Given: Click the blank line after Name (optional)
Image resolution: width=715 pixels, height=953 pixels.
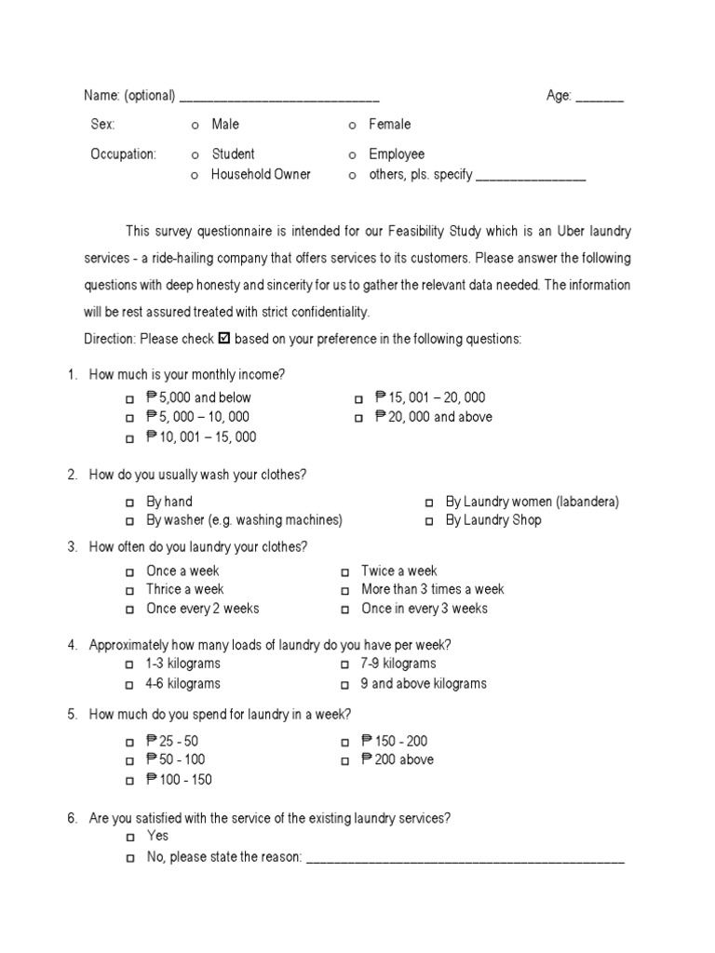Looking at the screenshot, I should (279, 98).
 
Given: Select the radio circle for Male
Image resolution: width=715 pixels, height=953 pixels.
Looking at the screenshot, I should (195, 126).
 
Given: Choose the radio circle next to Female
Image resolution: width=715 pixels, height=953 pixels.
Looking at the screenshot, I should (352, 126).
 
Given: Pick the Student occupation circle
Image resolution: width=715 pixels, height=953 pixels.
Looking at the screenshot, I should (195, 155).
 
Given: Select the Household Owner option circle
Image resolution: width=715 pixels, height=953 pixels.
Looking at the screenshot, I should (195, 176).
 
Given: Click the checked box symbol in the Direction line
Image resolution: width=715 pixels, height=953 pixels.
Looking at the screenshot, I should (223, 339).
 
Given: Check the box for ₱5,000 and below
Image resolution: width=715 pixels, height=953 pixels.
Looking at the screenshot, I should (129, 399).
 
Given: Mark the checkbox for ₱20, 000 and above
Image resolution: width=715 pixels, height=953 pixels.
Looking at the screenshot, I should (358, 419).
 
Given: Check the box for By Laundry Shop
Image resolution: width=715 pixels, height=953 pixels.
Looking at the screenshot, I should (429, 522).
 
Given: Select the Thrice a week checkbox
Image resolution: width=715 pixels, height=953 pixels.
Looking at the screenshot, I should (129, 591).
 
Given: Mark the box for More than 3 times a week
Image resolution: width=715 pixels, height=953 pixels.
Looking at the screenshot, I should (344, 591).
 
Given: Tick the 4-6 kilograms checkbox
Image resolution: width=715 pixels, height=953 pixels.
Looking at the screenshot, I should (129, 685).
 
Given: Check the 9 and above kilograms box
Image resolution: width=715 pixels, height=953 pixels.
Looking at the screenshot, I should (344, 685).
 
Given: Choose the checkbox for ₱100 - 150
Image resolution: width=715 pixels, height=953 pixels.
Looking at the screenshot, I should (129, 781).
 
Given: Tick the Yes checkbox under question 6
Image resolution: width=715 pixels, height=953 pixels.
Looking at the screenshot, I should (129, 838).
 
